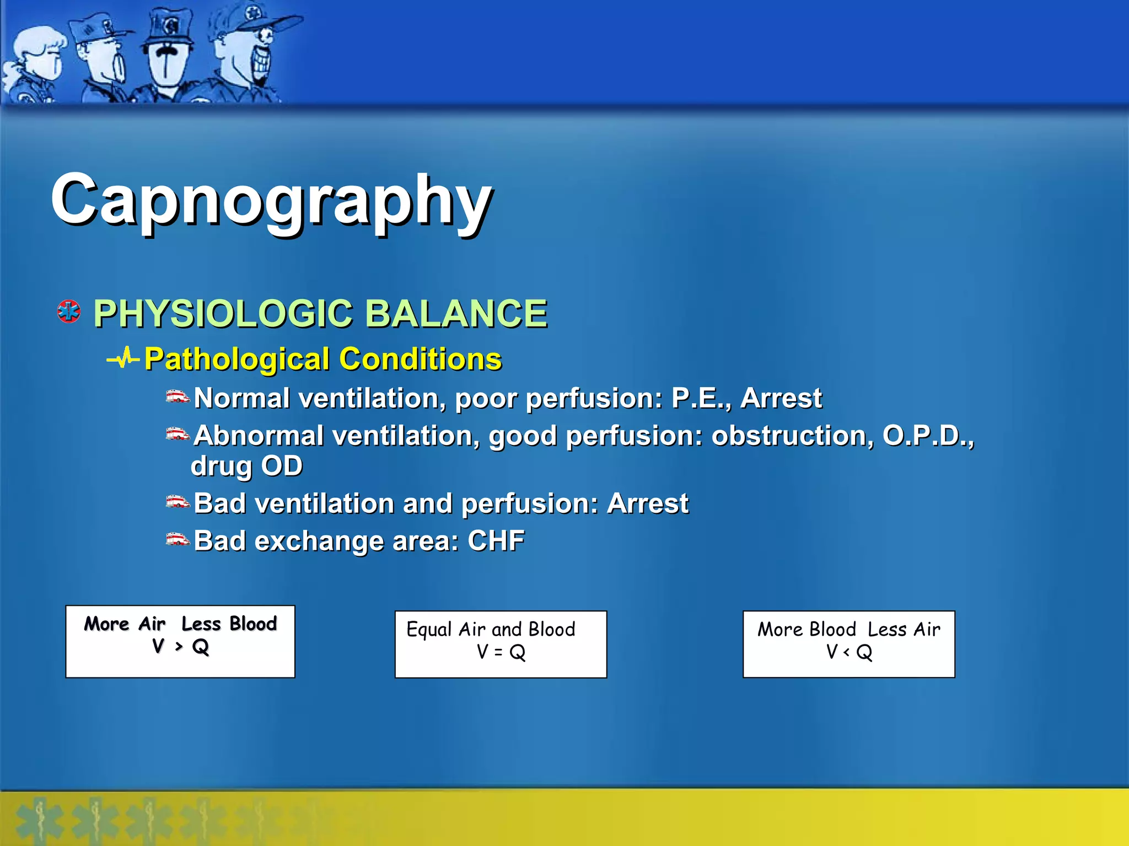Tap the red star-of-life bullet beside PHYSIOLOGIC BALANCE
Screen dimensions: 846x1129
coord(69,312)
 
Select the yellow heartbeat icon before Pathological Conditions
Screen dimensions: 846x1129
coord(122,359)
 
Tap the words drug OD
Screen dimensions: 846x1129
coord(246,466)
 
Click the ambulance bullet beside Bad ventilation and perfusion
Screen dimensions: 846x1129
coord(178,502)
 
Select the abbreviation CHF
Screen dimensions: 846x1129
coord(496,540)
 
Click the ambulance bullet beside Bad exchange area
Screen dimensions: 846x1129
coord(178,539)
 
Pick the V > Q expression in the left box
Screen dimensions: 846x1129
coord(180,647)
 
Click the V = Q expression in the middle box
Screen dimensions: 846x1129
coord(501,653)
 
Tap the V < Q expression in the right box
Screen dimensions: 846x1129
coord(849,653)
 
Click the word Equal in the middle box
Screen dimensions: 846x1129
coord(429,630)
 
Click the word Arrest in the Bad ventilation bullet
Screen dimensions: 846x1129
coord(647,503)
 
